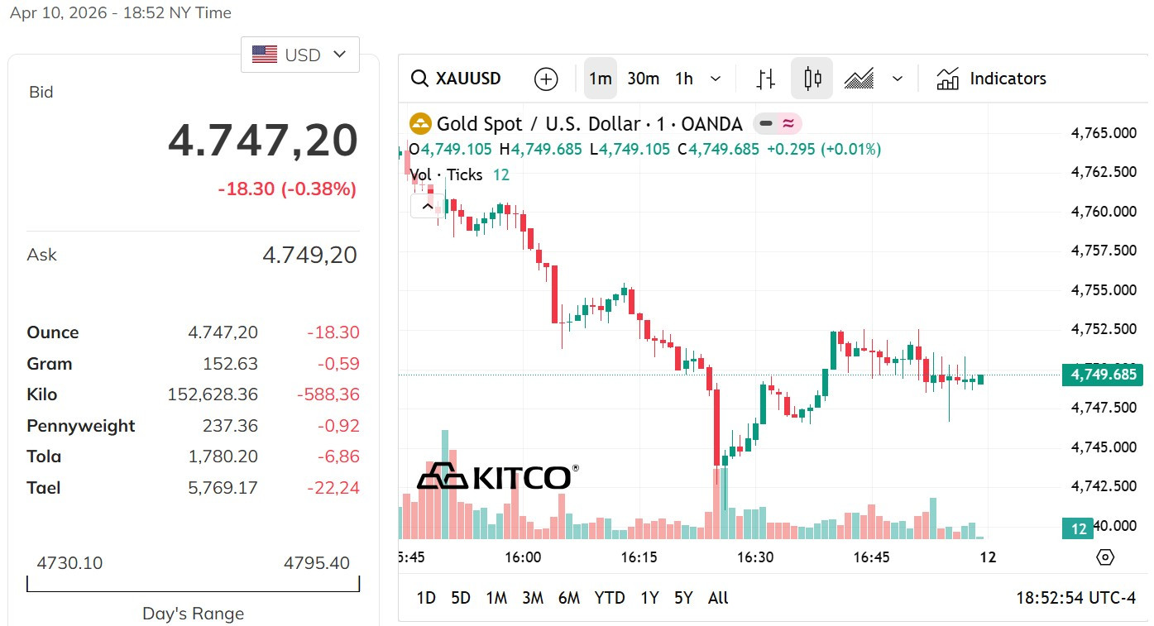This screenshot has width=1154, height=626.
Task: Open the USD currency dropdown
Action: pyautogui.click(x=299, y=55)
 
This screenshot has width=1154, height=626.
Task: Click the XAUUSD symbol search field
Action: pyautogui.click(x=456, y=79)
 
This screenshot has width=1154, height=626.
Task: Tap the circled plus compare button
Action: pyautogui.click(x=546, y=79)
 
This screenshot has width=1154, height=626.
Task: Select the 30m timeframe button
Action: pyautogui.click(x=643, y=79)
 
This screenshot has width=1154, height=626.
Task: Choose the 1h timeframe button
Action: pyautogui.click(x=683, y=79)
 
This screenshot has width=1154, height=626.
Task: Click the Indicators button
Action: pyautogui.click(x=991, y=79)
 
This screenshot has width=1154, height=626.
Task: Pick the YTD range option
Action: pyautogui.click(x=610, y=598)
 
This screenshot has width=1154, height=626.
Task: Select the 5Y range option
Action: pyautogui.click(x=683, y=598)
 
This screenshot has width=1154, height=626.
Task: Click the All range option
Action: pyautogui.click(x=718, y=598)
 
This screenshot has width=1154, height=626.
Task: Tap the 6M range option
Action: pyautogui.click(x=569, y=598)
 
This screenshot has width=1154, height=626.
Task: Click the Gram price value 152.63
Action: pyautogui.click(x=230, y=364)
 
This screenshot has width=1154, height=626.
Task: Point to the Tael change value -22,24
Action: pyautogui.click(x=333, y=488)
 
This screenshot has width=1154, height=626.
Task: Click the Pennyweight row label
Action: pyautogui.click(x=81, y=426)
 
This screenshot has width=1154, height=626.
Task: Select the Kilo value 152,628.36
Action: pyautogui.click(x=213, y=394)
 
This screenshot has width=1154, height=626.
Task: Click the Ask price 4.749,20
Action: pyautogui.click(x=309, y=255)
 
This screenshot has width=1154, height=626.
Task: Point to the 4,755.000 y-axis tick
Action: pyautogui.click(x=1104, y=289)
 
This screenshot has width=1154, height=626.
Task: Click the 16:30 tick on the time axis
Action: pyautogui.click(x=755, y=557)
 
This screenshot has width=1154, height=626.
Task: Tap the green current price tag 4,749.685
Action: pyautogui.click(x=1103, y=375)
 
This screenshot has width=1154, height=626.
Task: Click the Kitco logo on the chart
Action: pyautogui.click(x=498, y=476)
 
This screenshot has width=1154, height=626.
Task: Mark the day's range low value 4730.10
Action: pyautogui.click(x=69, y=563)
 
